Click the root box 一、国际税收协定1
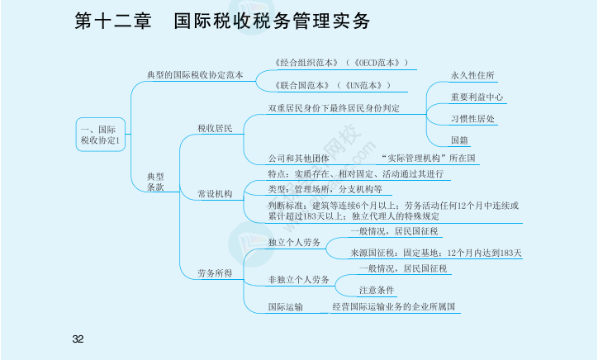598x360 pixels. pos(101,135)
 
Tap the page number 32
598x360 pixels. pos(78,339)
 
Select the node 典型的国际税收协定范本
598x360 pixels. pos(195,75)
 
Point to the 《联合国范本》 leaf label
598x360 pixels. pos(301,85)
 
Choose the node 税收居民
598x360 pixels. pos(215,129)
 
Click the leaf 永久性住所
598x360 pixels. pos(472,75)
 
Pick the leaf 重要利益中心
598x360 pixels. pos(477,97)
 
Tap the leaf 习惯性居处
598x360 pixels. pos(472,119)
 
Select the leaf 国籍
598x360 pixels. pos(459,140)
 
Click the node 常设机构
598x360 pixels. pos(215,194)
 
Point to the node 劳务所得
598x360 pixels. pos(215,273)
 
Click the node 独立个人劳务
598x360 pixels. pos(294,242)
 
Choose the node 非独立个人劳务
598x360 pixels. pos(299,280)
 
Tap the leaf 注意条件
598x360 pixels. pos(377,290)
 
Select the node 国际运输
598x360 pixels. pos(285,307)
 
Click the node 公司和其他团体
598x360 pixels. pos(299,159)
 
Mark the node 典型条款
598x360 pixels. pos(155,182)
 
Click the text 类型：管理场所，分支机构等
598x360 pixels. pos(325,189)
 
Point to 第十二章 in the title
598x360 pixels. pos(113,21)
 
